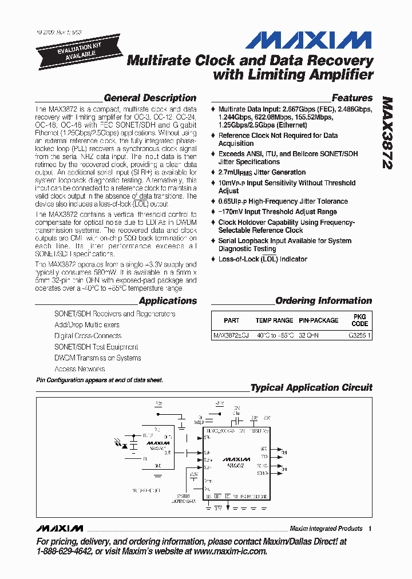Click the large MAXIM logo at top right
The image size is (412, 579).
tap(309, 41)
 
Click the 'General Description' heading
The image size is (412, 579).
tap(150, 98)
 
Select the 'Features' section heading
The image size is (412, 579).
tap(352, 98)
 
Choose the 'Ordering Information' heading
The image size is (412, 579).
tap(323, 301)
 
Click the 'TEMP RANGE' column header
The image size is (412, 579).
tap(274, 320)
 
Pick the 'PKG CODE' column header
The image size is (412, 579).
tap(360, 320)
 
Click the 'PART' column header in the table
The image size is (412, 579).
tap(232, 320)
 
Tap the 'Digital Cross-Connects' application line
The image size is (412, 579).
tap(88, 336)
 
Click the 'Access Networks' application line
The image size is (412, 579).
tap(80, 369)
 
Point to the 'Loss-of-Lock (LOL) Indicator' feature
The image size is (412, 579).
tap(263, 259)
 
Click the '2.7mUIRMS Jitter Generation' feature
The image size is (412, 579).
tap(262, 172)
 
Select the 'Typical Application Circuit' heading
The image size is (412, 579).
tap(311, 387)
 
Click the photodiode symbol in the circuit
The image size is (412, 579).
tap(133, 443)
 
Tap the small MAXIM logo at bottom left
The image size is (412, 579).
tap(59, 528)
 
